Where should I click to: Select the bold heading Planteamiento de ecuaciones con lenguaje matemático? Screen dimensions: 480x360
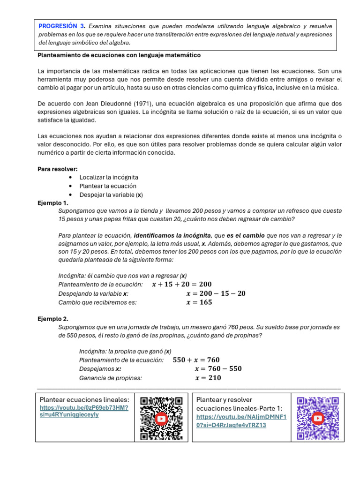119,55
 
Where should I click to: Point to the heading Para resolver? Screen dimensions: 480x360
58,169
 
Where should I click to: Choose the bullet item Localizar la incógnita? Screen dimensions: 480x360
109,177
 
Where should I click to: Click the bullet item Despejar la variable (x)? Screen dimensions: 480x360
111,195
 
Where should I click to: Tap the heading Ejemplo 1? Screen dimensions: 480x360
53,203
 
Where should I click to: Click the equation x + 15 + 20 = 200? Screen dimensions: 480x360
182,285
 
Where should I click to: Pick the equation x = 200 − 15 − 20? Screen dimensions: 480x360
216,293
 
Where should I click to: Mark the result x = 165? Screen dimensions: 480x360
199,302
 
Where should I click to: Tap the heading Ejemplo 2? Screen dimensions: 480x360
53,319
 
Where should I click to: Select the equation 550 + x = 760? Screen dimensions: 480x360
196,360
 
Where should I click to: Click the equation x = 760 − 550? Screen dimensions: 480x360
218,369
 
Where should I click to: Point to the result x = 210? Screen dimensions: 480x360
208,378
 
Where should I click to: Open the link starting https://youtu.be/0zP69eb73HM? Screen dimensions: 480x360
84,412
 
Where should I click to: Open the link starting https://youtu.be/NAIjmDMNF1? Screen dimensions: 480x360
241,421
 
